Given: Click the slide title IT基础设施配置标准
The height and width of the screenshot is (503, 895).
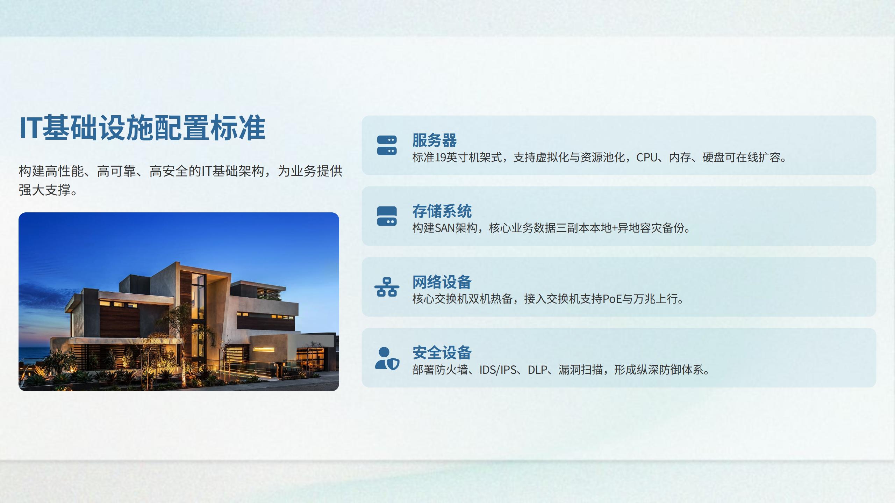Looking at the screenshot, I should pyautogui.click(x=142, y=128).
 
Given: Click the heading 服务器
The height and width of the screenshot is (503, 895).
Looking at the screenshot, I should pyautogui.click(x=434, y=140).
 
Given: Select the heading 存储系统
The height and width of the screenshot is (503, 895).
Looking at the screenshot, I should pyautogui.click(x=442, y=211).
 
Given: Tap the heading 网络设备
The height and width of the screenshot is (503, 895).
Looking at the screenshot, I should pyautogui.click(x=442, y=282).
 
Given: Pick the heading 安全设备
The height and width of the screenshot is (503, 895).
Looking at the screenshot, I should pyautogui.click(x=442, y=353).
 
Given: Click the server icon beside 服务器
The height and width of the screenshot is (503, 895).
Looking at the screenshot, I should pyautogui.click(x=387, y=145).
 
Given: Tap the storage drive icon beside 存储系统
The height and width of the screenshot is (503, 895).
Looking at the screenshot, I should pyautogui.click(x=387, y=216).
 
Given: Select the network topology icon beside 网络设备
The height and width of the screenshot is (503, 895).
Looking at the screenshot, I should pyautogui.click(x=387, y=287).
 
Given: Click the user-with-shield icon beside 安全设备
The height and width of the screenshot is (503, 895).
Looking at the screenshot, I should pyautogui.click(x=387, y=358).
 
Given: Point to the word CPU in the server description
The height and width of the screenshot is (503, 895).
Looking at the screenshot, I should pyautogui.click(x=647, y=158).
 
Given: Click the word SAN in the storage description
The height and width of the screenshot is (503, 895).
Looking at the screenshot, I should pyautogui.click(x=444, y=228).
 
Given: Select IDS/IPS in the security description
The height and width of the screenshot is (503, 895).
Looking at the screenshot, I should pyautogui.click(x=498, y=370).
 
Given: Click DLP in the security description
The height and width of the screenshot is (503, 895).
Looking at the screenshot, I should pyautogui.click(x=537, y=370).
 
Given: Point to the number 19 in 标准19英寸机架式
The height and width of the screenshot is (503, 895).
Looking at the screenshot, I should pyautogui.click(x=441, y=158).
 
